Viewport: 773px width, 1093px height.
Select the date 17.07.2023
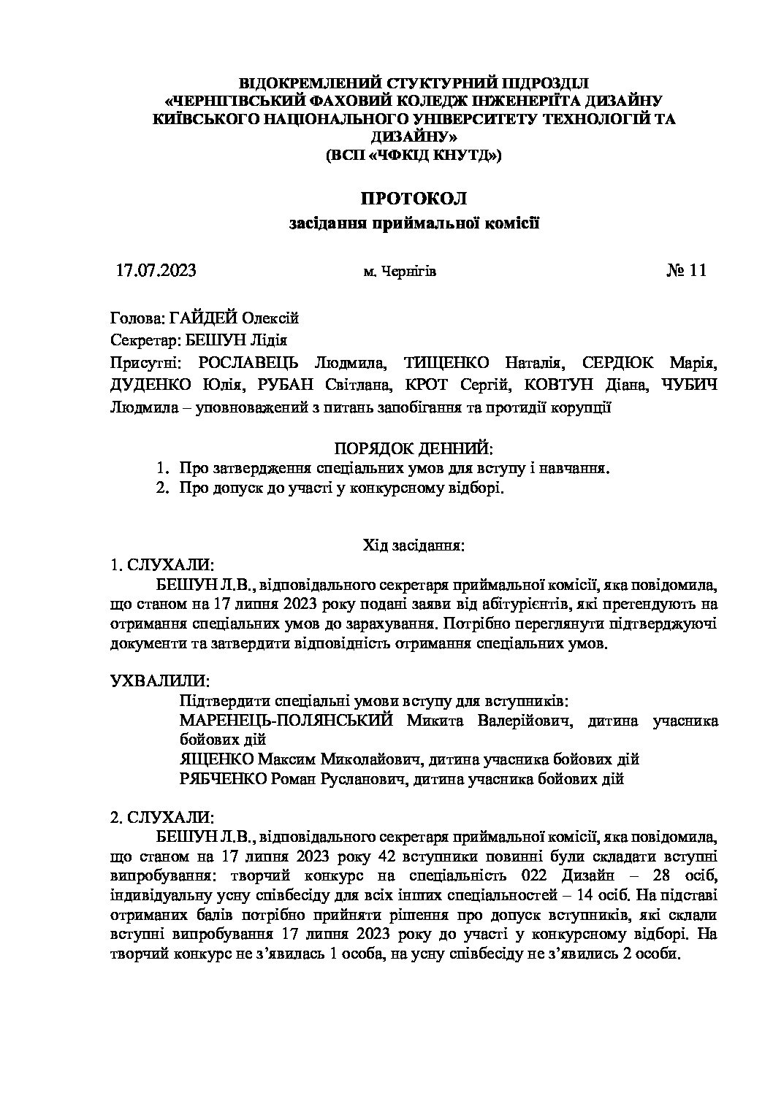(x=156, y=270)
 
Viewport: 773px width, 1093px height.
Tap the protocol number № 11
(x=686, y=270)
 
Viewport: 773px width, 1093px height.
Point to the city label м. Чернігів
(x=400, y=272)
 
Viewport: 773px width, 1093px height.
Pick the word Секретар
(x=140, y=340)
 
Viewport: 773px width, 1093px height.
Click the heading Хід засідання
(x=414, y=545)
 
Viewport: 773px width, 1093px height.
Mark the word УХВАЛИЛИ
(x=160, y=680)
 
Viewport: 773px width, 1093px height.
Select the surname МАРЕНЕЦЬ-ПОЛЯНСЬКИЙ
(x=286, y=721)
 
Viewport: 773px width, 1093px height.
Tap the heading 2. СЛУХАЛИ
(x=161, y=816)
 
